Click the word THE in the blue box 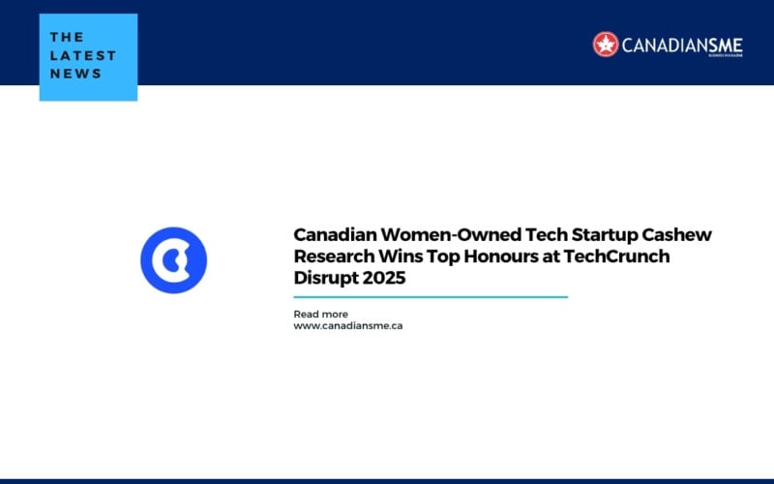[x=67, y=38]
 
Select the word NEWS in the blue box [x=75, y=73]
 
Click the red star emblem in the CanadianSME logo [x=606, y=44]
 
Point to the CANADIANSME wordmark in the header [x=678, y=44]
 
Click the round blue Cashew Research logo [x=174, y=259]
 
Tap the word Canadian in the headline [x=337, y=235]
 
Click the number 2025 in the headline [x=385, y=278]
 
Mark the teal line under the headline [x=431, y=297]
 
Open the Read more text [x=320, y=314]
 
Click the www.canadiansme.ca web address [x=348, y=326]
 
